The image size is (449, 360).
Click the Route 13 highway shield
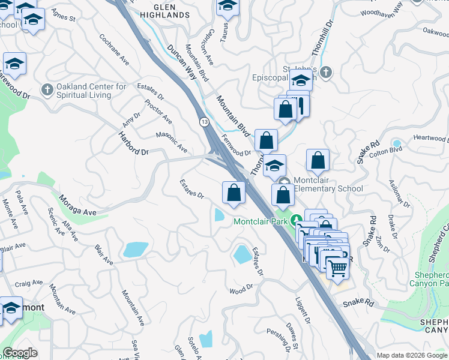[x=204, y=122]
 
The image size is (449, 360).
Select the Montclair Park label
[x=260, y=221]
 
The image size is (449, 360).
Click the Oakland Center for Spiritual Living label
[x=91, y=91]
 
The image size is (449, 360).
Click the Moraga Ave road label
[x=77, y=205]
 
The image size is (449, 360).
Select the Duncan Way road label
[x=182, y=62]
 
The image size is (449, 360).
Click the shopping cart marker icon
[x=338, y=268]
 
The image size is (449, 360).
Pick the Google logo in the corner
[x=20, y=353]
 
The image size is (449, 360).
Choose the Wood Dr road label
[x=241, y=289]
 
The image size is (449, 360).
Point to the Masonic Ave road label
[x=172, y=142]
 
